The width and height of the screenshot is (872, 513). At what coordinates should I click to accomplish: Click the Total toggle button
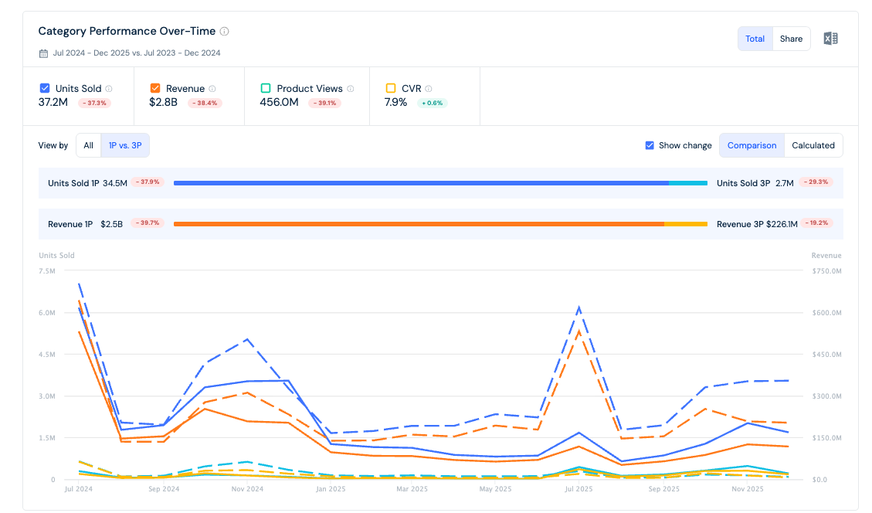[755, 39]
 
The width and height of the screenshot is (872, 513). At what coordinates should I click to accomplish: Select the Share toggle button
[791, 39]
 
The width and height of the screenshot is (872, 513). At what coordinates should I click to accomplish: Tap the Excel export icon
[830, 39]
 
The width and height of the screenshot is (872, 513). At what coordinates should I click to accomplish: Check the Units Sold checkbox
[45, 88]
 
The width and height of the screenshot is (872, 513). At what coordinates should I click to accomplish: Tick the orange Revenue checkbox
[155, 88]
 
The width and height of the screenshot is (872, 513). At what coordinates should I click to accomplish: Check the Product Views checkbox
[266, 88]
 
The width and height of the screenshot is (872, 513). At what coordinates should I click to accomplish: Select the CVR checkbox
[391, 88]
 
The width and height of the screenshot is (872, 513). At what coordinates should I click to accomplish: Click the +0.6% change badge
[432, 103]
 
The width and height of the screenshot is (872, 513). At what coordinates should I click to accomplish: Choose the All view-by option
[88, 145]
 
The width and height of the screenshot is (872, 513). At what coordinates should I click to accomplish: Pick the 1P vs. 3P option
[125, 145]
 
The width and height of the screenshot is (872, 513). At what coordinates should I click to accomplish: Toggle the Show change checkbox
[650, 145]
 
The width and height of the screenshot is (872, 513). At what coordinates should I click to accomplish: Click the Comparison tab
[752, 145]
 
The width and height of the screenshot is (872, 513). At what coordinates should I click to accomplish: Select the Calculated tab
[813, 145]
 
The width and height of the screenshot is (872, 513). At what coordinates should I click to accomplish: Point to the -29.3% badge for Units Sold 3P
[816, 182]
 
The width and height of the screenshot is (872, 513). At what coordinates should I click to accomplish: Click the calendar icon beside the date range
[43, 53]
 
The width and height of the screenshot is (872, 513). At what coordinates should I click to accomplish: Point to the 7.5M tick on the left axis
[46, 271]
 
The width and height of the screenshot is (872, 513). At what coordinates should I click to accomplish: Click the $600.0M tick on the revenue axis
[826, 313]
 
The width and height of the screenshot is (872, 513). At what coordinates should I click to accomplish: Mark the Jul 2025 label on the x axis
[579, 489]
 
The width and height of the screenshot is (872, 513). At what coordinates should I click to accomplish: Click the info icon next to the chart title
[224, 31]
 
